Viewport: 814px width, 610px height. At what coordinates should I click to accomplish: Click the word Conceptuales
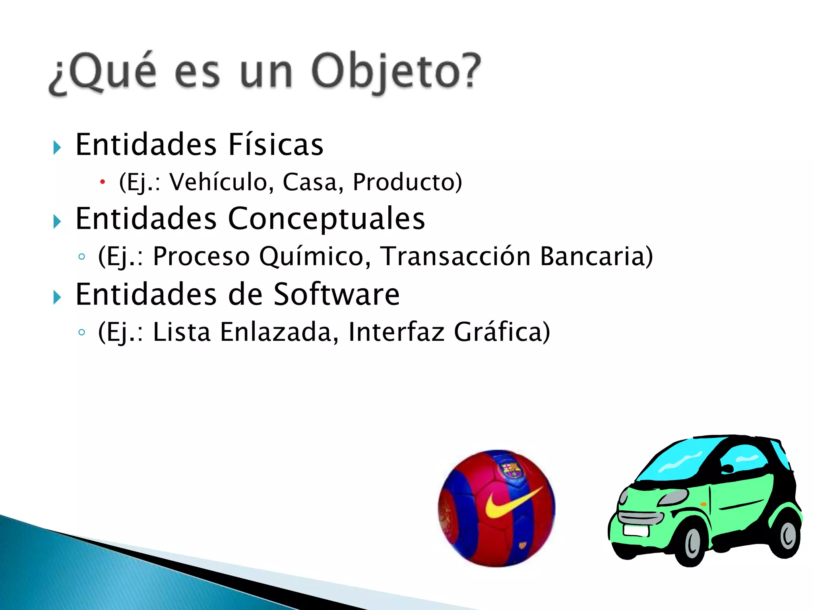[326, 218]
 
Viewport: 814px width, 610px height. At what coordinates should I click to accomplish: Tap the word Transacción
[455, 256]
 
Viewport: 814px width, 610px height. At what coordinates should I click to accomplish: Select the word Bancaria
[596, 256]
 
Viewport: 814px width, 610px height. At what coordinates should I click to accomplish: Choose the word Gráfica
[502, 332]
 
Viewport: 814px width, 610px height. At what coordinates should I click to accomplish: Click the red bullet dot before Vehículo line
[103, 182]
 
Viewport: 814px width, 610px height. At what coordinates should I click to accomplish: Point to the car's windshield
[676, 461]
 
